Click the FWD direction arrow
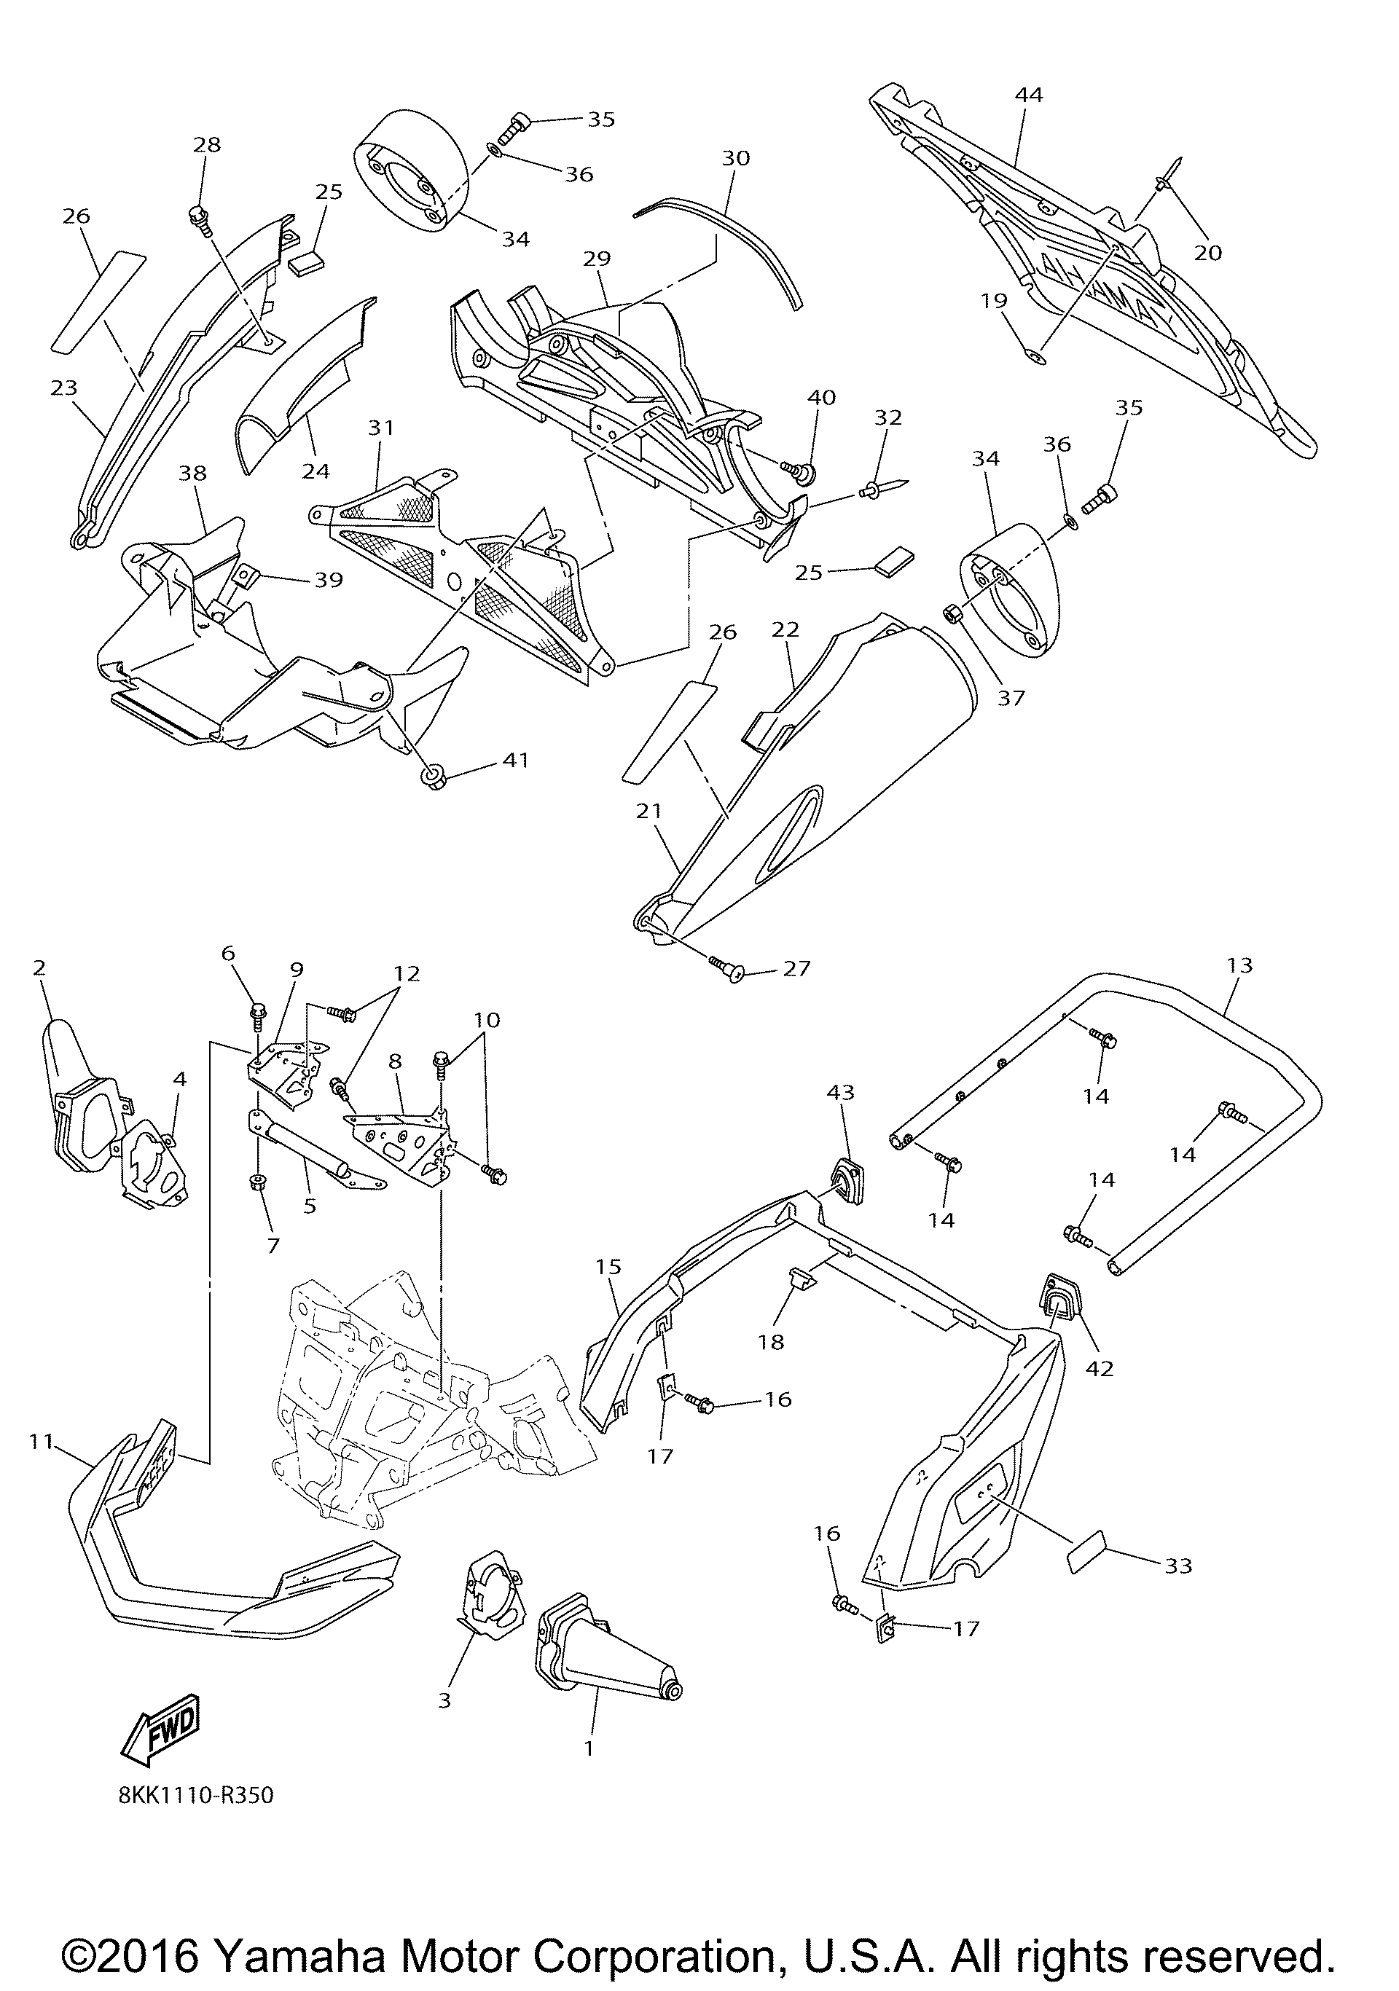click(x=162, y=1728)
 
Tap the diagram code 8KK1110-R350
click(x=196, y=1795)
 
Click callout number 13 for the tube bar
click(x=1239, y=965)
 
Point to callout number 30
click(x=735, y=158)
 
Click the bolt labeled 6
click(x=259, y=1012)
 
